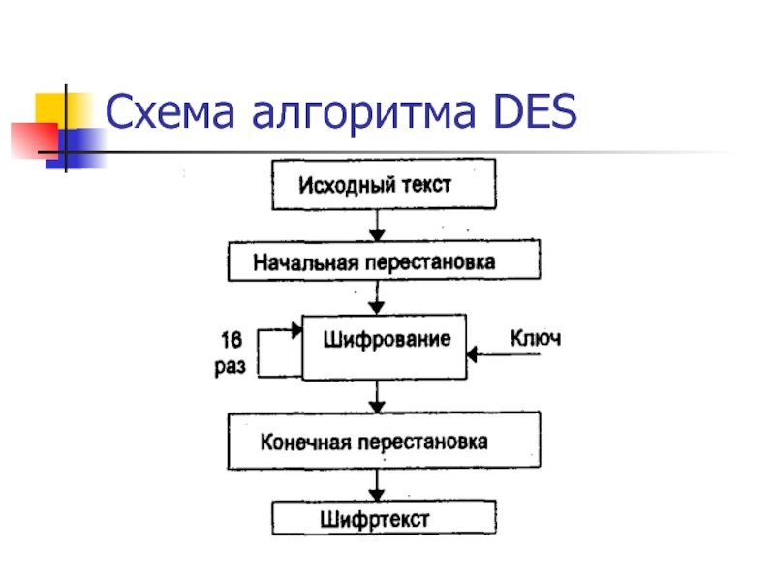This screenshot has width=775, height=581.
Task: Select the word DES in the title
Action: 536,115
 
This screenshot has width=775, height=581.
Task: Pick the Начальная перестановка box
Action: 383,261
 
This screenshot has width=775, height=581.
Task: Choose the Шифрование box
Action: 385,346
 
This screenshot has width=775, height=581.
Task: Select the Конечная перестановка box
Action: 383,441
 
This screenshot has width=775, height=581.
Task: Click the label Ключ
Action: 536,339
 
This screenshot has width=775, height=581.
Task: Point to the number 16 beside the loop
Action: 230,340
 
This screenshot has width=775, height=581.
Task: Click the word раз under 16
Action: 230,366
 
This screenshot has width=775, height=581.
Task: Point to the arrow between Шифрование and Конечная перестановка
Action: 378,396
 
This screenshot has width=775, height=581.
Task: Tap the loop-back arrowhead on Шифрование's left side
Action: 295,331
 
